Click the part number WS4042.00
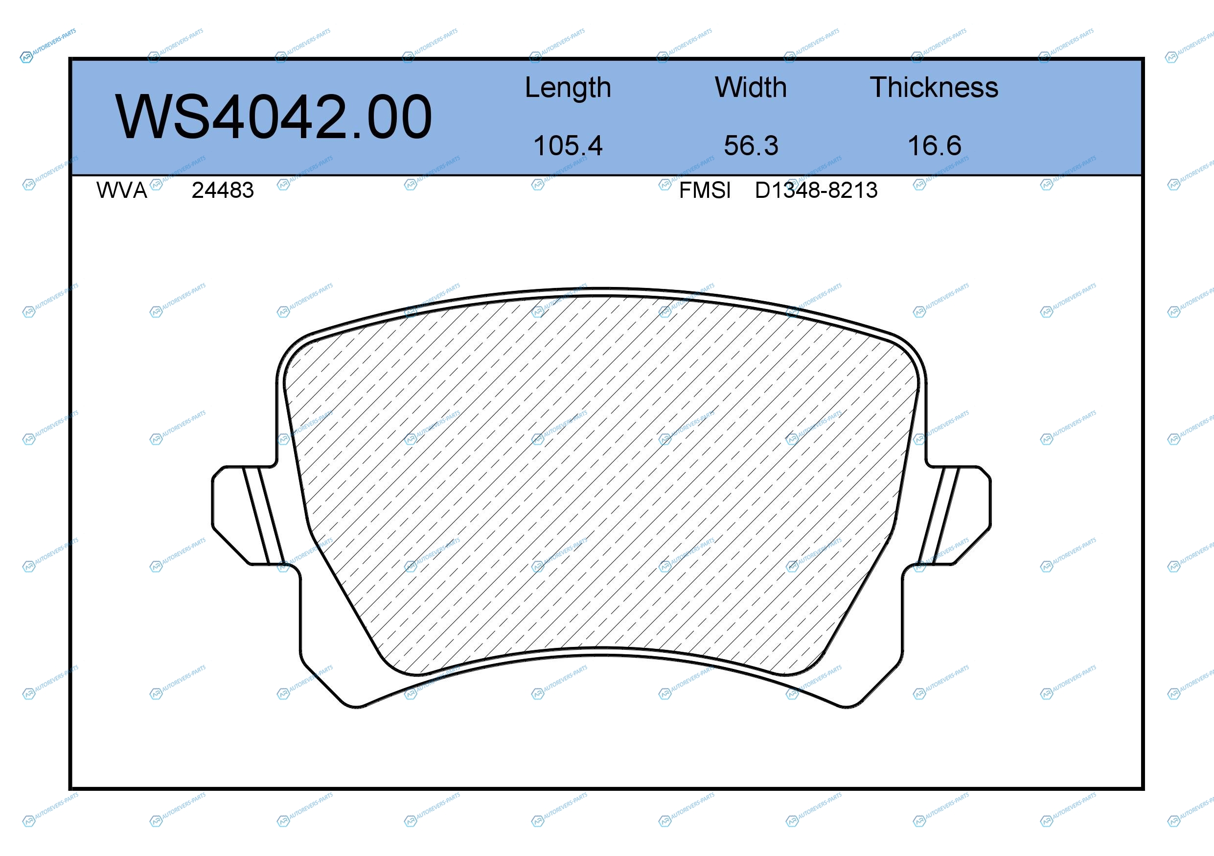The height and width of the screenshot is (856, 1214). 274,117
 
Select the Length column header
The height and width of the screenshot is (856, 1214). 568,87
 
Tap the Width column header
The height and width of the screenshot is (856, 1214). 751,87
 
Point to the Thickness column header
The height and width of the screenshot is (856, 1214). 934,87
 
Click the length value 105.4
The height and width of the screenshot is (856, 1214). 568,145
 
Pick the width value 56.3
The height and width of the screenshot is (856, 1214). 751,145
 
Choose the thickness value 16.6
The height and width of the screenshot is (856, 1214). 934,145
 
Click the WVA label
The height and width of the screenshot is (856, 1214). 122,190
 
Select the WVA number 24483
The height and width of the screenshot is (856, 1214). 223,190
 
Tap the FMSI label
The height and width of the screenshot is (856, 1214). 705,190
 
